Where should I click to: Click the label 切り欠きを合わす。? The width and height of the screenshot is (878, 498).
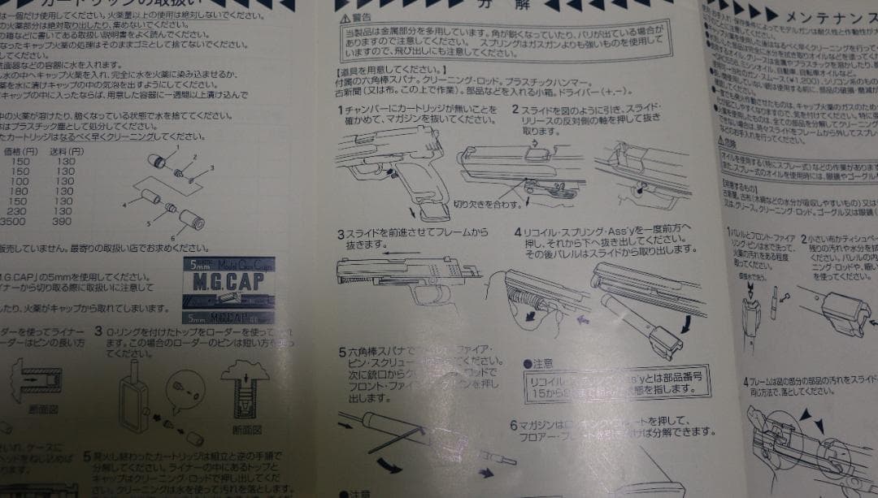point(485,203)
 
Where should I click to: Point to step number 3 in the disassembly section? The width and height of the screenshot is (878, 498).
point(341,235)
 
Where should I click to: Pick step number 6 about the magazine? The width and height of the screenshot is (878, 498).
point(514,425)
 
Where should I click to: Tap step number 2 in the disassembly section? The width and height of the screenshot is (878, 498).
point(515,109)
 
